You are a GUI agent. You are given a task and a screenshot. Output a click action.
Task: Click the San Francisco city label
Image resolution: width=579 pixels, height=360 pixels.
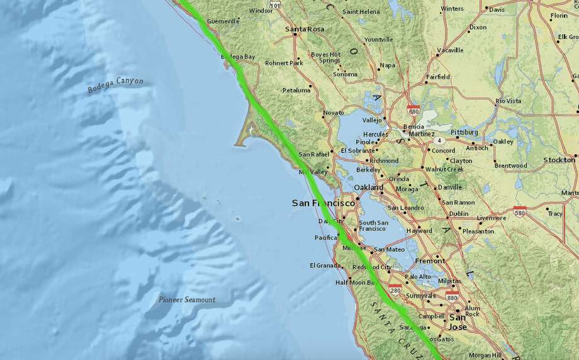tap(322, 203)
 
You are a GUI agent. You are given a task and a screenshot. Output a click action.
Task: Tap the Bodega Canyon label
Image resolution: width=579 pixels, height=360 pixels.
tap(116, 85)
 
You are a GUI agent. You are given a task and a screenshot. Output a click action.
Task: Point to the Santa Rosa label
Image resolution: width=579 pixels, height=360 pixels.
tap(305, 29)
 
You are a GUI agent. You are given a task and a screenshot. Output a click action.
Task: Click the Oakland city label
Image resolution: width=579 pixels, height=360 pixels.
tap(368, 188)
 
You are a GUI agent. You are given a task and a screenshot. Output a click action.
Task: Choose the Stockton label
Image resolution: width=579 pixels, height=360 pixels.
tap(559, 160)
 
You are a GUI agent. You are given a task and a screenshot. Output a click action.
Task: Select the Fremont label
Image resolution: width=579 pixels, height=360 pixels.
tap(430, 261)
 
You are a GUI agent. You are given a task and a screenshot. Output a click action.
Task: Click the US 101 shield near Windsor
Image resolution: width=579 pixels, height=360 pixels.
tap(274, 5)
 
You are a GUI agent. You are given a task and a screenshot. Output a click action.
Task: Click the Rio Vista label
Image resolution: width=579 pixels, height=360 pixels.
tap(509, 101)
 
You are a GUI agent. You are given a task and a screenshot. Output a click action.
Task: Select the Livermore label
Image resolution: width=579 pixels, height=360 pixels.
tap(491, 218)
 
